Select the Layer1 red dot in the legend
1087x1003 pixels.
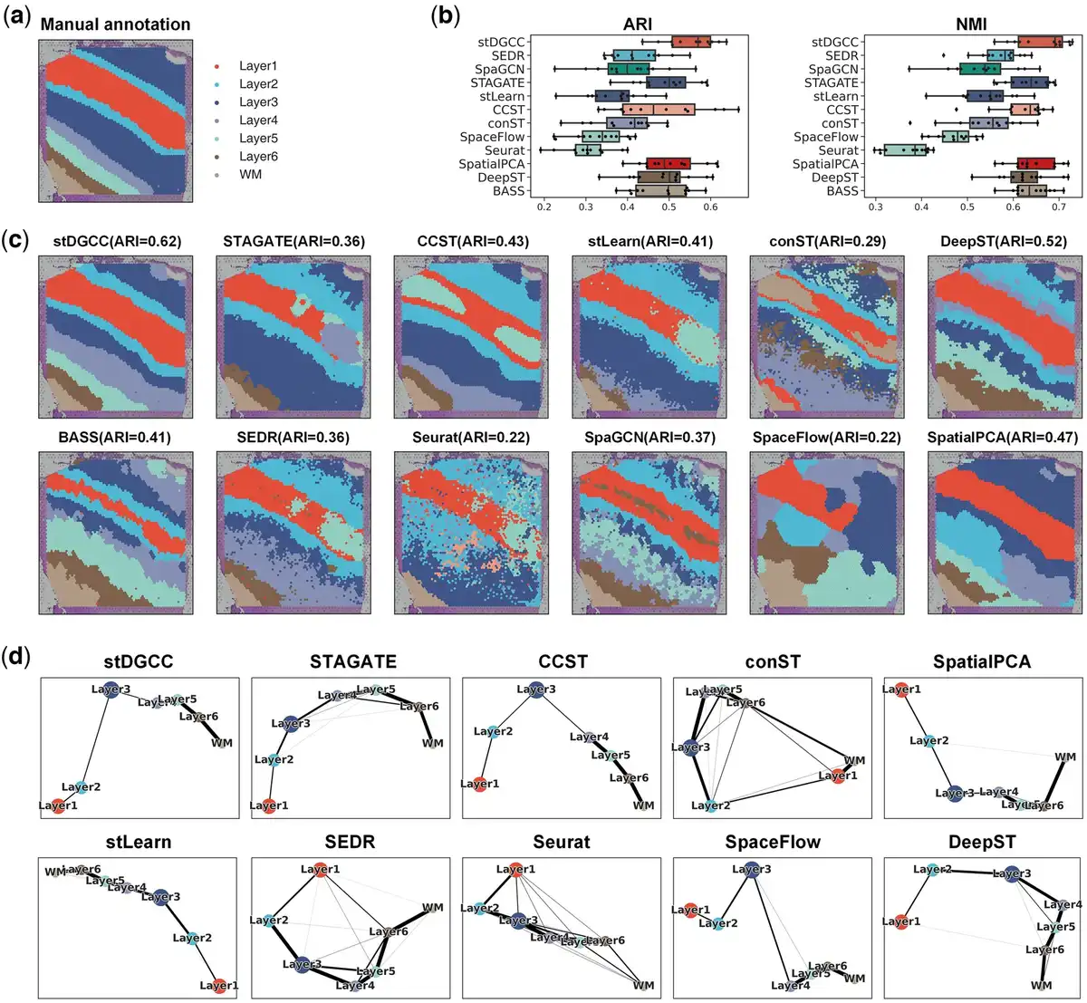coord(216,66)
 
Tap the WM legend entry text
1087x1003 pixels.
coord(250,174)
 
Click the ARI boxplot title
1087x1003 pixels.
coord(638,24)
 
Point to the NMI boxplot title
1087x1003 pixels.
coord(971,24)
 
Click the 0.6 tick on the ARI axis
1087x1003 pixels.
coord(709,207)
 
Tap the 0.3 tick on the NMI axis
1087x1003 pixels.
coord(876,207)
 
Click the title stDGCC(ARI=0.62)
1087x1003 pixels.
coord(115,242)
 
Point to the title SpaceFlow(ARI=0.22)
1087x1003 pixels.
coord(826,438)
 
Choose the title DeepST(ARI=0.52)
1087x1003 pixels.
coord(1005,242)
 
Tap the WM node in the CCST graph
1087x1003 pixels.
coord(644,805)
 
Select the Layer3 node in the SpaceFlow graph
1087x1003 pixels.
coord(751,871)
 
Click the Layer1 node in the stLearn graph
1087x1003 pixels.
coord(218,985)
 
